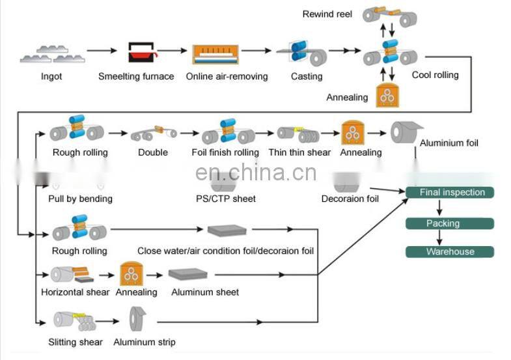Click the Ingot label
click(x=51, y=76)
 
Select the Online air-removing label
click(x=227, y=76)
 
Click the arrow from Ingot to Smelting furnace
click(x=102, y=50)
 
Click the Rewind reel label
click(x=327, y=14)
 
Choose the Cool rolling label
click(x=435, y=75)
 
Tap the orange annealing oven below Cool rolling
click(x=389, y=95)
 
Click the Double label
click(x=152, y=152)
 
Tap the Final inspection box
click(x=449, y=192)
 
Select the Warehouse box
click(x=450, y=252)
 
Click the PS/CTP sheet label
click(x=225, y=198)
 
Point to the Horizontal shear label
click(x=76, y=292)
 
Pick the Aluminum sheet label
click(x=205, y=292)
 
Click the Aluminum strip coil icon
click(x=138, y=319)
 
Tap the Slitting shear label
click(x=75, y=342)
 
